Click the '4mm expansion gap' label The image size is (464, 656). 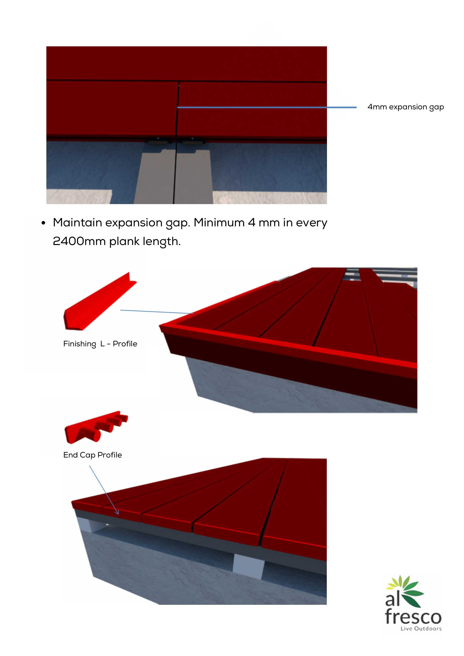pos(405,107)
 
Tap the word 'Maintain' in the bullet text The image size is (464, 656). pos(77,223)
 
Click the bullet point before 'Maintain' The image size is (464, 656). pos(43,223)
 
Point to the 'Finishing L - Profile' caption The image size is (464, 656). pos(100,344)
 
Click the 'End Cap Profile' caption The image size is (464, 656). pos(93,455)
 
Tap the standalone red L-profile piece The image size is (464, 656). pos(100,302)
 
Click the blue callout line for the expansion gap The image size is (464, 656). pos(267,107)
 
